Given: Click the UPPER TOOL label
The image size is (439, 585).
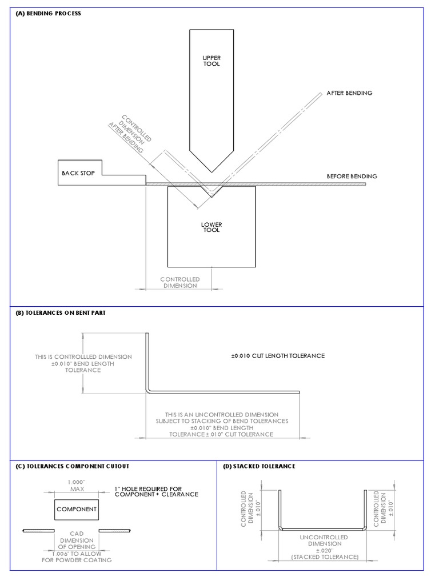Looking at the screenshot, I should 211,61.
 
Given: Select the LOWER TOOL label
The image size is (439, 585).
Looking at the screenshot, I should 211,227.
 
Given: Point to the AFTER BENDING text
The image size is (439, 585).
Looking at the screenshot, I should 349,93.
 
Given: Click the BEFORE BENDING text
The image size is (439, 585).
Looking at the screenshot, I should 352,177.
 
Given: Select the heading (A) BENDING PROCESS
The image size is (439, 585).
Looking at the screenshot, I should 49,13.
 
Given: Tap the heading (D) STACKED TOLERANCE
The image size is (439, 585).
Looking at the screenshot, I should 259,466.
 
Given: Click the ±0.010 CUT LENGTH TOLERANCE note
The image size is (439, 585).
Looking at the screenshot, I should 278,355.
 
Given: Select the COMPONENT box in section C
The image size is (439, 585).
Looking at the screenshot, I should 77,508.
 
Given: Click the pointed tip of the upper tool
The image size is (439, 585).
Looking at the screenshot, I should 211,171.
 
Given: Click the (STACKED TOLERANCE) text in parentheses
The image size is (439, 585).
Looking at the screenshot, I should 324,556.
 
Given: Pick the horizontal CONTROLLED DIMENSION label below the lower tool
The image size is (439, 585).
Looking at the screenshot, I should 179,282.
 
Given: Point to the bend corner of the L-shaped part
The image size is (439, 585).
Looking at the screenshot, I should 149,391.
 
